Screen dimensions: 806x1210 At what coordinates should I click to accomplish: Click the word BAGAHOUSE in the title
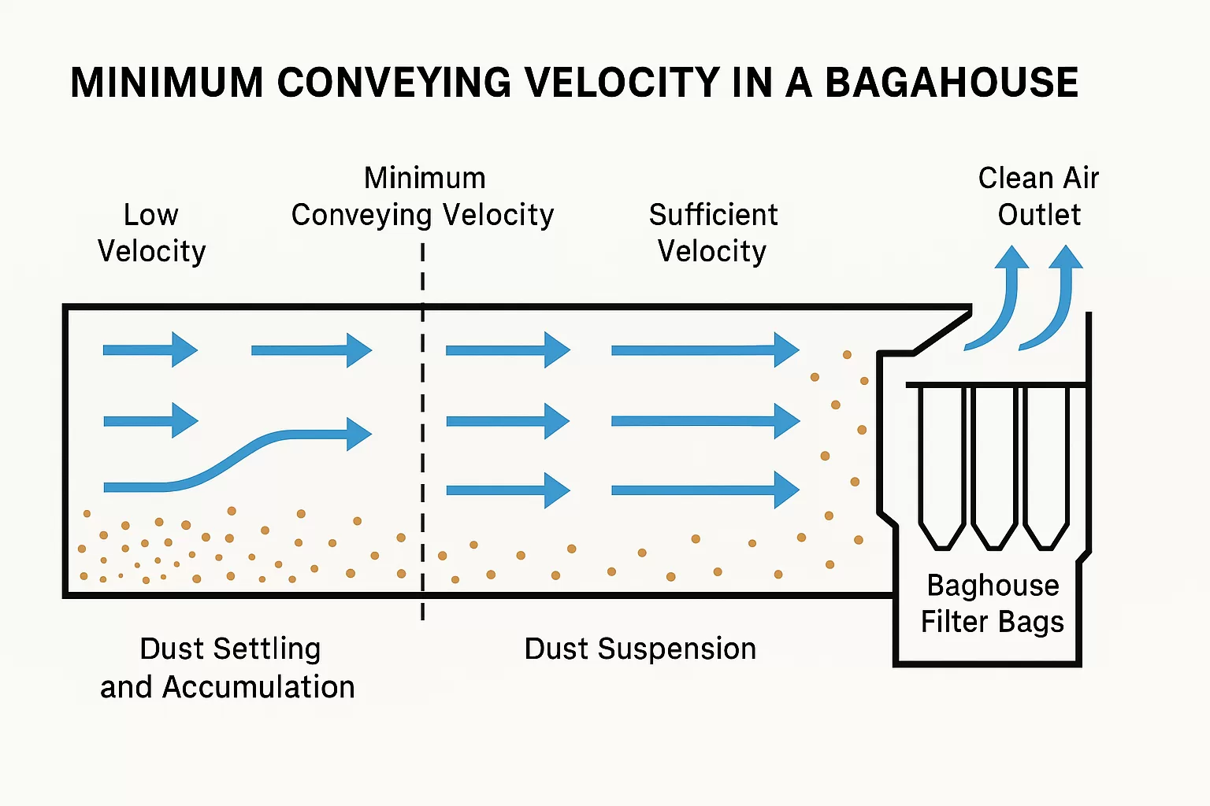tap(952, 83)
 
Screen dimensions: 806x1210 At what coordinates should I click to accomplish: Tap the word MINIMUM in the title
tap(166, 83)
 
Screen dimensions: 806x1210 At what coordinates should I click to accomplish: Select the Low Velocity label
tap(151, 233)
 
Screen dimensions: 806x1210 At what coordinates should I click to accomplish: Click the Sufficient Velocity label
tap(713, 233)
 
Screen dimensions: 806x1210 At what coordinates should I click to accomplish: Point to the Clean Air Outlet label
tap(1038, 197)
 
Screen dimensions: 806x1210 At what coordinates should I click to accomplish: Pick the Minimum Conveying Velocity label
tap(423, 197)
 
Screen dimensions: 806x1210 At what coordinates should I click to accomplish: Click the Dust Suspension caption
tap(640, 649)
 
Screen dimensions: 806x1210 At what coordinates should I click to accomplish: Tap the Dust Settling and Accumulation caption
tap(228, 668)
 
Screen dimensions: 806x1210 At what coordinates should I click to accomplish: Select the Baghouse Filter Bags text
tap(993, 604)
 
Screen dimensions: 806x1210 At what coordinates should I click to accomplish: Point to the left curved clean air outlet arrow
tap(1000, 303)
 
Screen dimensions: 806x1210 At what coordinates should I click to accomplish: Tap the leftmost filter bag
tap(942, 464)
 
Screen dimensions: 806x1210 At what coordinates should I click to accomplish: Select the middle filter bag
tap(994, 464)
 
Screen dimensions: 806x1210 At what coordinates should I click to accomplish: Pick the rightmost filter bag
tap(1046, 464)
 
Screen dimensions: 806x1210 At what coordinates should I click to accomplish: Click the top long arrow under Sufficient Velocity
tap(705, 350)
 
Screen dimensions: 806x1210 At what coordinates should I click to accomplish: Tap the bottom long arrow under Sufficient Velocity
tap(705, 490)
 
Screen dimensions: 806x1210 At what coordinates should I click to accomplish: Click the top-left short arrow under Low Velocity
tap(150, 349)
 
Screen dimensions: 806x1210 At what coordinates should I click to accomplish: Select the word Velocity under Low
tap(151, 252)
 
